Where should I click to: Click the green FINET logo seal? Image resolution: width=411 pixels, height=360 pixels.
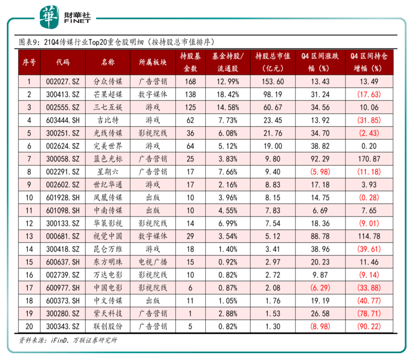pos(49,17)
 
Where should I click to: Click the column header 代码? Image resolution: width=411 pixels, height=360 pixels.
pos(63,63)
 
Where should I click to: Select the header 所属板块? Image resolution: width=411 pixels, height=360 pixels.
pos(152,63)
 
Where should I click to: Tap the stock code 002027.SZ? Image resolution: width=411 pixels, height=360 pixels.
pos(63,82)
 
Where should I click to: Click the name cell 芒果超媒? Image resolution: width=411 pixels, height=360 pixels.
pos(108,94)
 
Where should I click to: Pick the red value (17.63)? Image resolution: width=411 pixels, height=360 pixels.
pos(369,94)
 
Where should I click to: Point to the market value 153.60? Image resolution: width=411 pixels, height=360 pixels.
pos(273,82)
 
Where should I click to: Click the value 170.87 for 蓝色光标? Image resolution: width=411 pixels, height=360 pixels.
pos(369,159)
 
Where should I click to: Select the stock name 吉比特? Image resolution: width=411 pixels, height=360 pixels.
pos(108,120)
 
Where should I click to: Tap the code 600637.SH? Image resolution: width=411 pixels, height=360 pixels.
pos(63,262)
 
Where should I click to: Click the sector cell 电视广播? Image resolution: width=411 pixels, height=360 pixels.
pos(152,262)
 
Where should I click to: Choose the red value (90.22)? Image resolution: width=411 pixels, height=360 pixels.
pos(369,327)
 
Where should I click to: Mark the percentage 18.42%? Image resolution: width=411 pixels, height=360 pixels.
pos(228,94)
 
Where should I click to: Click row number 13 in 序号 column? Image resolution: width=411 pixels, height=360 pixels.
pos(29,236)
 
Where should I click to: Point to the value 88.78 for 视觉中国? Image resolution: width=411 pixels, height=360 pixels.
pos(320,236)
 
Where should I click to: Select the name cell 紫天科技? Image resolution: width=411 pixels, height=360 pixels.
pos(108,313)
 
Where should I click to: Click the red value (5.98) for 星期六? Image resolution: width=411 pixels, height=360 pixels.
pos(320,172)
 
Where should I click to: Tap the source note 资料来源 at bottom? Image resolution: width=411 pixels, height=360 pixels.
pos(68,340)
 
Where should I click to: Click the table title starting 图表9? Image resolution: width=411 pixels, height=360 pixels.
pos(116,42)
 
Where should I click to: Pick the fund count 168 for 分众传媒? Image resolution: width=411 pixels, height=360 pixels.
pos(190,82)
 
